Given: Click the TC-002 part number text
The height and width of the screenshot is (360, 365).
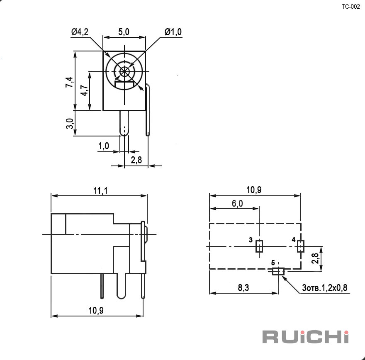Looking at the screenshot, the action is [x=350, y=7].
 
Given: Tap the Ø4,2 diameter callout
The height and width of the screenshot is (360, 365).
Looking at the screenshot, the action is [x=80, y=32].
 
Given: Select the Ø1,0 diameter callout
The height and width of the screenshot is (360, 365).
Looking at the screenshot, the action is [x=173, y=32].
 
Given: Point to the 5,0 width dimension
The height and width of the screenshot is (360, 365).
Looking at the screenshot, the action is [x=124, y=32].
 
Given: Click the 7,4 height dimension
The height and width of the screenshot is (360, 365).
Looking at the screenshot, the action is [x=69, y=82].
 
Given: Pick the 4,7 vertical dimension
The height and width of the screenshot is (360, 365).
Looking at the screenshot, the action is [x=84, y=90].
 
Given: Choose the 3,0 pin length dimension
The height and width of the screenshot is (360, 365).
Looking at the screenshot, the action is [x=70, y=124].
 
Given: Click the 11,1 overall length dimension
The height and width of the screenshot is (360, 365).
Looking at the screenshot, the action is [x=100, y=191].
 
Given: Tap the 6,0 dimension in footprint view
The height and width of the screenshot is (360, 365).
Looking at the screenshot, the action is [x=237, y=204].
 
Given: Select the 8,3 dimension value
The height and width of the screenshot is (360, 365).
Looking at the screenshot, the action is [x=243, y=288].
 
